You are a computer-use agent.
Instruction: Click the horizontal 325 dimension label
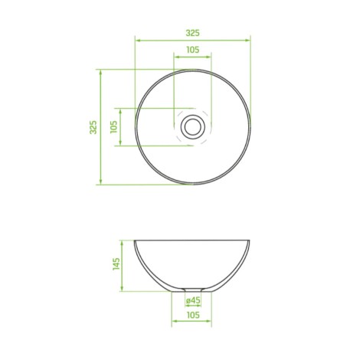[x=192, y=33]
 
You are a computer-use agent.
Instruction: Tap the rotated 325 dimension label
[x=93, y=127]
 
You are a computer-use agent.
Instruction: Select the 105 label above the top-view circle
[x=193, y=50]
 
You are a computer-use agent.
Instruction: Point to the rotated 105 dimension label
[x=113, y=127]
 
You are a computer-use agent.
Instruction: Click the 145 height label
[x=116, y=264]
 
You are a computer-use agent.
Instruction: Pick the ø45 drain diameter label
[x=193, y=300]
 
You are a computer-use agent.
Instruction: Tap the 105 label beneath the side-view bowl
[x=193, y=315]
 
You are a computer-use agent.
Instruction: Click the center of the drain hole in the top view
[x=193, y=127]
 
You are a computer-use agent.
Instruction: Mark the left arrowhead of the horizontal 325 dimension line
[x=138, y=41]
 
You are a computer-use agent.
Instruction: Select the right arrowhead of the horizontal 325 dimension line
[x=247, y=41]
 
